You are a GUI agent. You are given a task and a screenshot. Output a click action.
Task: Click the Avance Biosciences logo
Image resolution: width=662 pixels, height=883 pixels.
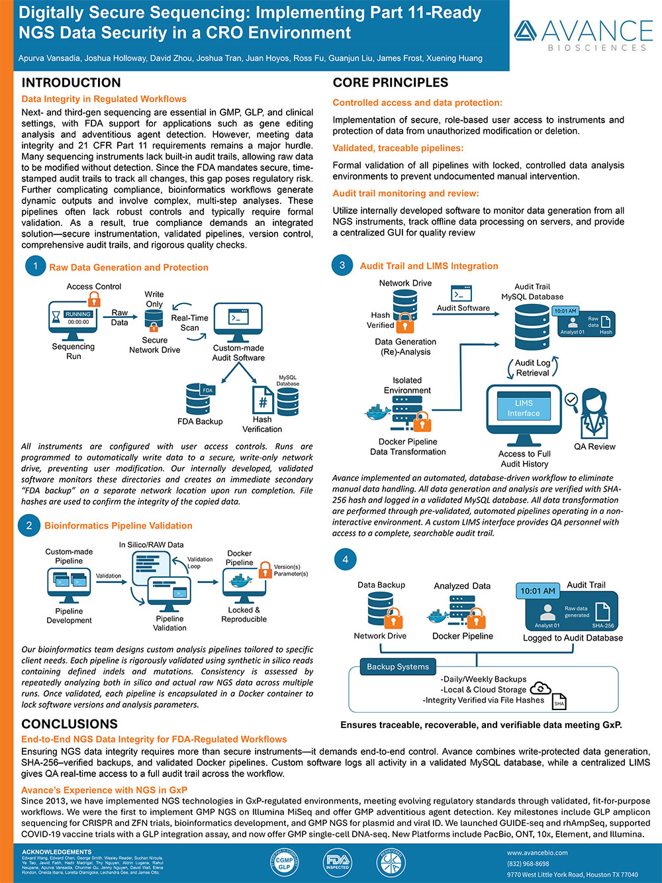click(x=583, y=34)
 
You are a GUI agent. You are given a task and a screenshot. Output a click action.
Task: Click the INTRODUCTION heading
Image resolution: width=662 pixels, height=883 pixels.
click(x=71, y=83)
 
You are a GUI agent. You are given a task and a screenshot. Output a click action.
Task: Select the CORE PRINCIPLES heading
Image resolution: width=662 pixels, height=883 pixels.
click(x=390, y=83)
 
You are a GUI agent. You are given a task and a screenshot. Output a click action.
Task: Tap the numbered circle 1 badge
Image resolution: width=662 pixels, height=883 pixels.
click(x=35, y=266)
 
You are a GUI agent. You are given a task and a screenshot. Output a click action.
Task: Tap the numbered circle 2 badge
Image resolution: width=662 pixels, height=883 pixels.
click(x=29, y=525)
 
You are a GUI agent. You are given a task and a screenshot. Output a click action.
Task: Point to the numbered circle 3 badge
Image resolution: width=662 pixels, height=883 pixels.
click(x=342, y=266)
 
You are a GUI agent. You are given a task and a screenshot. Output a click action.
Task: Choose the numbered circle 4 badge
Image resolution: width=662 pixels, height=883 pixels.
click(x=345, y=559)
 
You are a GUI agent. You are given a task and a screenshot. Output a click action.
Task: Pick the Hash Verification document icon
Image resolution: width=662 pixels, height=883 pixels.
click(x=262, y=399)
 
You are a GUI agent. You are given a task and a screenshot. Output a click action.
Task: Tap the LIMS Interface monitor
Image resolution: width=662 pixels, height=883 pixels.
click(x=524, y=409)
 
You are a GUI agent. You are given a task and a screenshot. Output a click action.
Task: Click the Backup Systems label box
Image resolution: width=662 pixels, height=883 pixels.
click(x=398, y=666)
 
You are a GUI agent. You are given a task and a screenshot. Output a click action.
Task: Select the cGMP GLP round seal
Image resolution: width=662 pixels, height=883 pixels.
click(x=284, y=863)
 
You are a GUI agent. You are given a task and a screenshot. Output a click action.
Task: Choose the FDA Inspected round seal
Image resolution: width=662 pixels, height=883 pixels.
click(x=337, y=863)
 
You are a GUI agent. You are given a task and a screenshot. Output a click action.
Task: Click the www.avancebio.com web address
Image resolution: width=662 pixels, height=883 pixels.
click(x=537, y=853)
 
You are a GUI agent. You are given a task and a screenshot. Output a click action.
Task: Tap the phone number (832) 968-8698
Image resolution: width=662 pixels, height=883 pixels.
click(x=528, y=864)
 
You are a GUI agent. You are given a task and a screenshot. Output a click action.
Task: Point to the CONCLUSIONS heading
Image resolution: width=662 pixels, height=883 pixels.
click(x=70, y=724)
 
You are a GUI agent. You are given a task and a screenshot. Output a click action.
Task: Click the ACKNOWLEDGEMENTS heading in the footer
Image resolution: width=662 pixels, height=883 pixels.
click(x=57, y=852)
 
